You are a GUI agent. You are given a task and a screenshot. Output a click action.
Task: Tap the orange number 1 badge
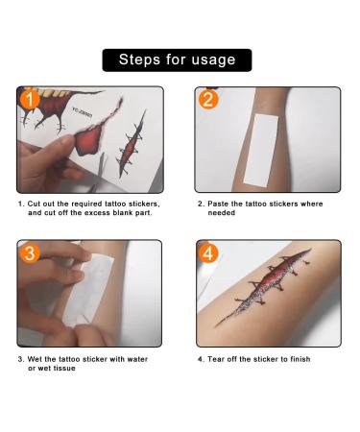tap(30, 100)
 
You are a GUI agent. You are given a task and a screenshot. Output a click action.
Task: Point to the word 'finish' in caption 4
tap(298, 359)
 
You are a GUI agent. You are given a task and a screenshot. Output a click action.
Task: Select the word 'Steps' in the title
tap(138, 60)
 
